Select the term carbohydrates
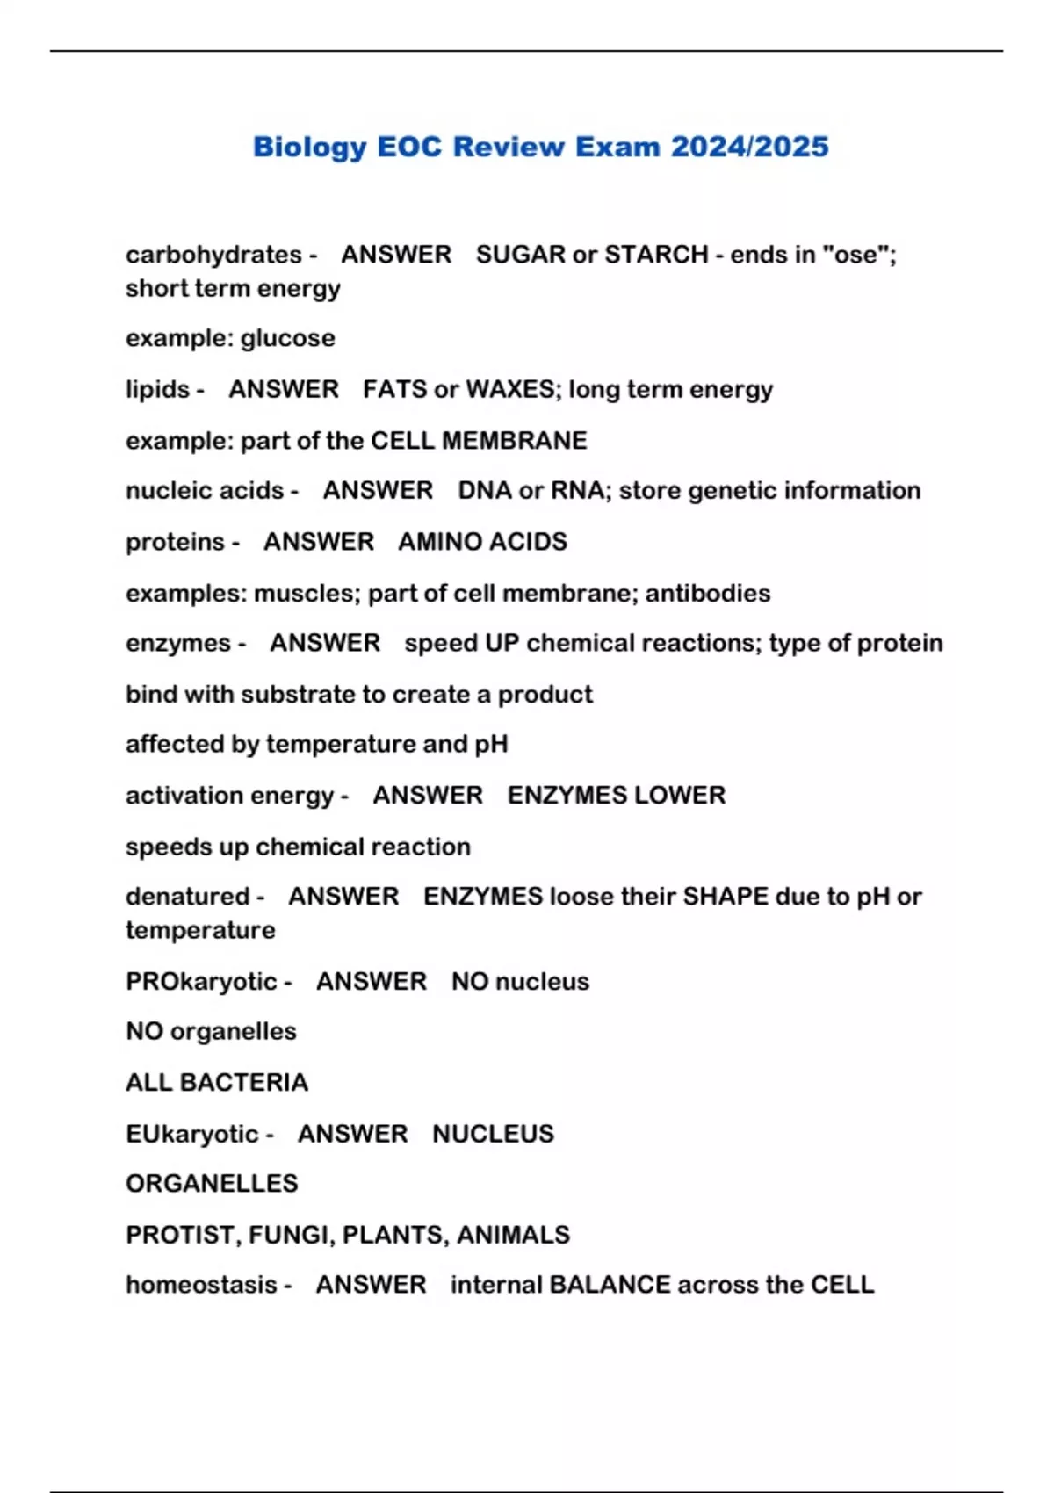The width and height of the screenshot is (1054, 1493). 213,255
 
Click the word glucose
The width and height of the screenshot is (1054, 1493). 288,338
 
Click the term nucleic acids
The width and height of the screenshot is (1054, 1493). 205,490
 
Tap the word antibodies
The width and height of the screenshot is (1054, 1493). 708,593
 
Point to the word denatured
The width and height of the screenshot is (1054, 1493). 187,897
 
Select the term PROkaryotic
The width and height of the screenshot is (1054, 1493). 201,981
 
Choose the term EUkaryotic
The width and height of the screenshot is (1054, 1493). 192,1134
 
